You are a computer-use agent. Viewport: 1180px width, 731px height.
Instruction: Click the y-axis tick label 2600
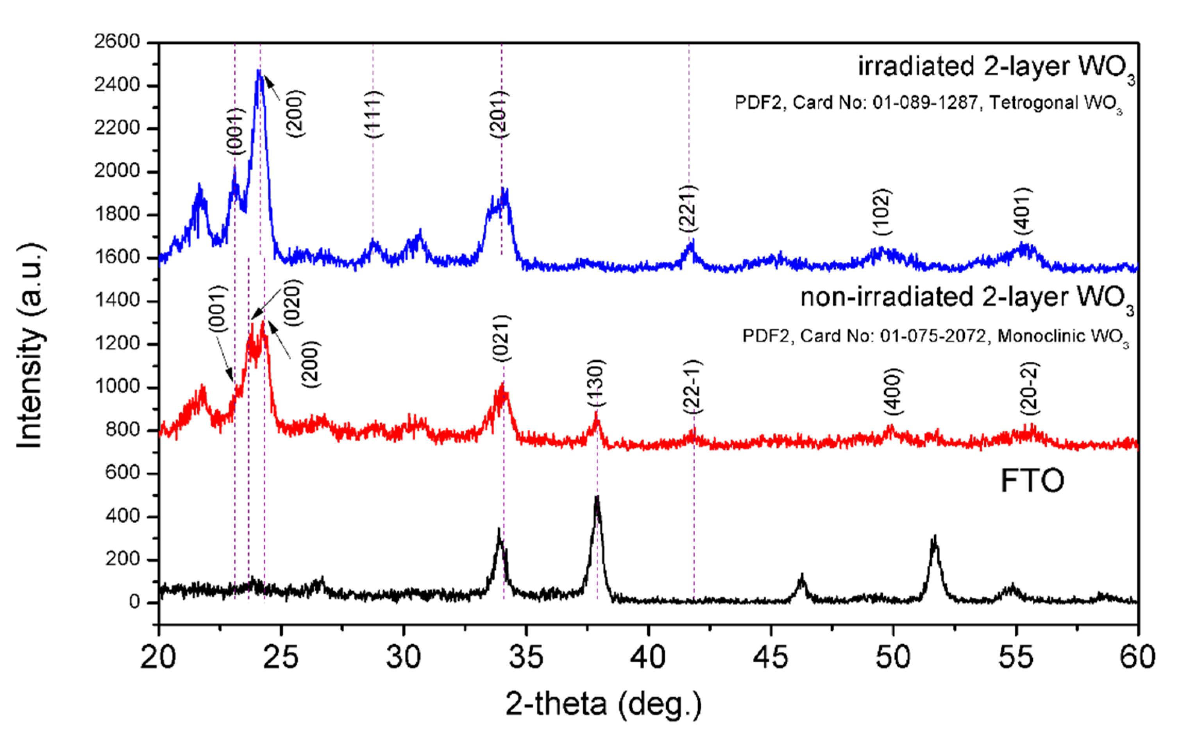click(116, 42)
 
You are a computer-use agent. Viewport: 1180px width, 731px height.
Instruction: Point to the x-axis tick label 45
click(771, 658)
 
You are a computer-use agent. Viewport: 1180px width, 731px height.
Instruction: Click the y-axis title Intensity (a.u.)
click(30, 346)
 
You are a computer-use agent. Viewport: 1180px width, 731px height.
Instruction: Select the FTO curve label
click(1032, 481)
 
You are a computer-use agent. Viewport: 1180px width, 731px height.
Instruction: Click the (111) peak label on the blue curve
click(373, 114)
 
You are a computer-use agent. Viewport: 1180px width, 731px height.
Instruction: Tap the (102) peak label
click(883, 212)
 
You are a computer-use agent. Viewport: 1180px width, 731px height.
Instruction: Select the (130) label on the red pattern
click(595, 383)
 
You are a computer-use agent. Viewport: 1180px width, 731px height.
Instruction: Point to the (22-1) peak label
click(693, 387)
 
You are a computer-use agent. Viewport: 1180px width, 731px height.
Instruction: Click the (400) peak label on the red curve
click(893, 391)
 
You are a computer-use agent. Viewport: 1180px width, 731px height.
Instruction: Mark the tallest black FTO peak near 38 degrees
click(597, 498)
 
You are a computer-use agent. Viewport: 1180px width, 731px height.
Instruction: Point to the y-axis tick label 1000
click(116, 387)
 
